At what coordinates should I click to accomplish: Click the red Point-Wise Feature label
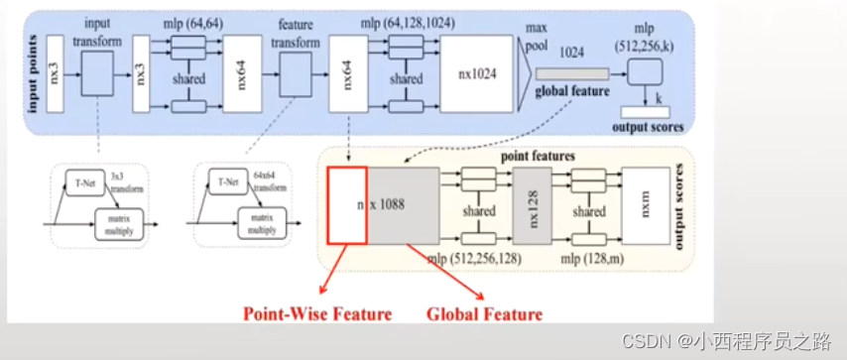coord(319,314)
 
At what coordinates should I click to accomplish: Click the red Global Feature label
coord(485,314)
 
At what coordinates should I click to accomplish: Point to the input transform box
coord(97,72)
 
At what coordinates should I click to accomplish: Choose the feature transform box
coord(297,72)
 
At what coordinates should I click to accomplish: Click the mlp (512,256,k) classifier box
coord(646,69)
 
